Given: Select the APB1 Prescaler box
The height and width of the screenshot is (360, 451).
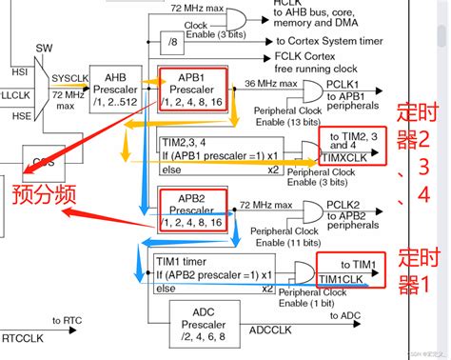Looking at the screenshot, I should (x=193, y=91).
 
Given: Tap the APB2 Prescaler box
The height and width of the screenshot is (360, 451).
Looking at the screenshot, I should (x=193, y=209).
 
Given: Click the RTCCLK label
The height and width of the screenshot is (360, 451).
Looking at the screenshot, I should (x=22, y=336).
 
